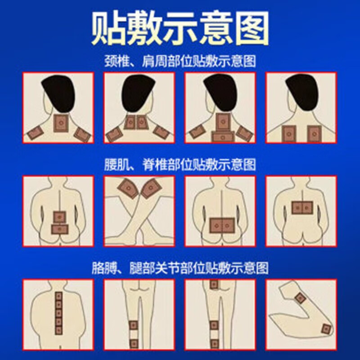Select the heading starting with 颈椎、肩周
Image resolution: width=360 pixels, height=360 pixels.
180,61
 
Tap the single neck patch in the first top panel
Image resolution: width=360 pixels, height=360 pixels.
60,122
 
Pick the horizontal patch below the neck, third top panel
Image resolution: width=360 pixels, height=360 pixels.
222,135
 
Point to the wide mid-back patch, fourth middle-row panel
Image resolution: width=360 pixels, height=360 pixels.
302,207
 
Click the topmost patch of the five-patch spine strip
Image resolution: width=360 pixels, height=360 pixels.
58,297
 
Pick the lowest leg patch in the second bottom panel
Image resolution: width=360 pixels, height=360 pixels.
134,343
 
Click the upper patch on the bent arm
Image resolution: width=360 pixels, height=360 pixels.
300,297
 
